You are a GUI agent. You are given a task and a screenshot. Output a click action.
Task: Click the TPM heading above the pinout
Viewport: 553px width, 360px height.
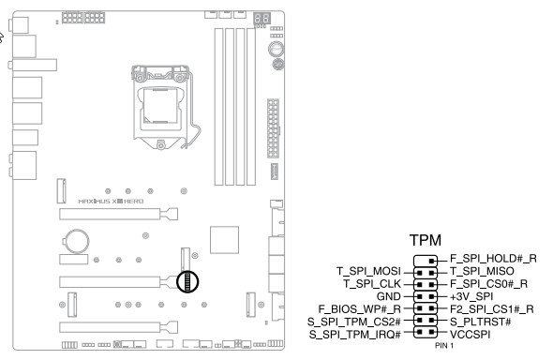[426, 240]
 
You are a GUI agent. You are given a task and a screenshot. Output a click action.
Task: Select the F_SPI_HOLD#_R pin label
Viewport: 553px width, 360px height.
[493, 259]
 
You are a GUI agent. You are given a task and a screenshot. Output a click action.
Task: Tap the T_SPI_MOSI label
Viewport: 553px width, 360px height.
[369, 271]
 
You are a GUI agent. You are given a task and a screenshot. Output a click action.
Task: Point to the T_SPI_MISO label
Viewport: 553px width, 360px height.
[482, 271]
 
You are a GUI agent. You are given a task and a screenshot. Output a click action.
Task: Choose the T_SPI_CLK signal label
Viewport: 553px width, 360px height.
[372, 284]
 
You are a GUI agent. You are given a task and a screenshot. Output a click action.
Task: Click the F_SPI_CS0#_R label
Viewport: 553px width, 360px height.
[488, 284]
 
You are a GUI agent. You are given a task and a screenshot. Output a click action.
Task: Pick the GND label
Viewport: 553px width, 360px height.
[389, 296]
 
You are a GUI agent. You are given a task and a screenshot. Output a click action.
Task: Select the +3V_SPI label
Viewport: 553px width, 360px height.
[471, 296]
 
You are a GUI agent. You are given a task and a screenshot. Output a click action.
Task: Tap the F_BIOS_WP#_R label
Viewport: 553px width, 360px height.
[360, 309]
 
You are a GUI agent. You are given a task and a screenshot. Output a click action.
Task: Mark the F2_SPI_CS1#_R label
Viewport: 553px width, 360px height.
[492, 309]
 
